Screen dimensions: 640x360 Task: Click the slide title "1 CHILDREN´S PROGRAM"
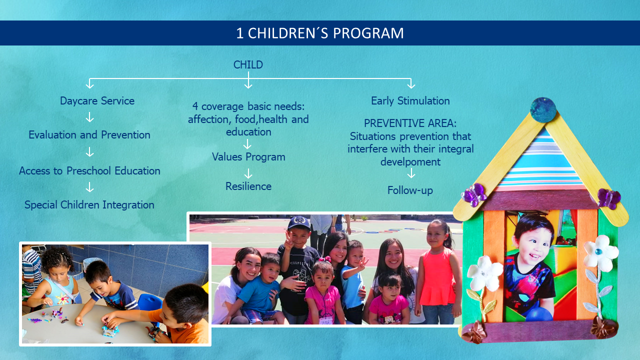pyautogui.click(x=319, y=33)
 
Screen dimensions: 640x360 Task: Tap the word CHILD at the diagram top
pyautogui.click(x=248, y=65)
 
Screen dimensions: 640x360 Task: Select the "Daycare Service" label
pyautogui.click(x=97, y=101)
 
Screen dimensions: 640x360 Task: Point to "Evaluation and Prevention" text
pyautogui.click(x=89, y=135)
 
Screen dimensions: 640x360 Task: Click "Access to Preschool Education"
pyautogui.click(x=89, y=171)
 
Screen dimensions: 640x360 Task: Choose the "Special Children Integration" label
pyautogui.click(x=89, y=205)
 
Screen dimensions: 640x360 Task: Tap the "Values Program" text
pyautogui.click(x=248, y=157)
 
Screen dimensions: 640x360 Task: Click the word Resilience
pyautogui.click(x=248, y=186)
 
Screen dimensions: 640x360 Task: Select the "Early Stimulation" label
pyautogui.click(x=410, y=101)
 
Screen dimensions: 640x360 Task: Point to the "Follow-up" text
pyautogui.click(x=410, y=190)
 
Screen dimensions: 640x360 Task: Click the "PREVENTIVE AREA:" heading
pyautogui.click(x=410, y=123)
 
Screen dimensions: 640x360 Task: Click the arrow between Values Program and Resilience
pyautogui.click(x=248, y=173)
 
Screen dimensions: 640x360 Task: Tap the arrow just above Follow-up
pyautogui.click(x=411, y=173)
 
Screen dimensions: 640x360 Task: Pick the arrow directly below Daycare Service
pyautogui.click(x=89, y=117)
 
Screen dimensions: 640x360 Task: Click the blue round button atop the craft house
pyautogui.click(x=543, y=110)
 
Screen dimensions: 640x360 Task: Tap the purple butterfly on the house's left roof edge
pyautogui.click(x=474, y=195)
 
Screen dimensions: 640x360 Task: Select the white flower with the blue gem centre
pyautogui.click(x=600, y=253)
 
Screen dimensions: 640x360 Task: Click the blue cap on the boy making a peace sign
pyautogui.click(x=299, y=223)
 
